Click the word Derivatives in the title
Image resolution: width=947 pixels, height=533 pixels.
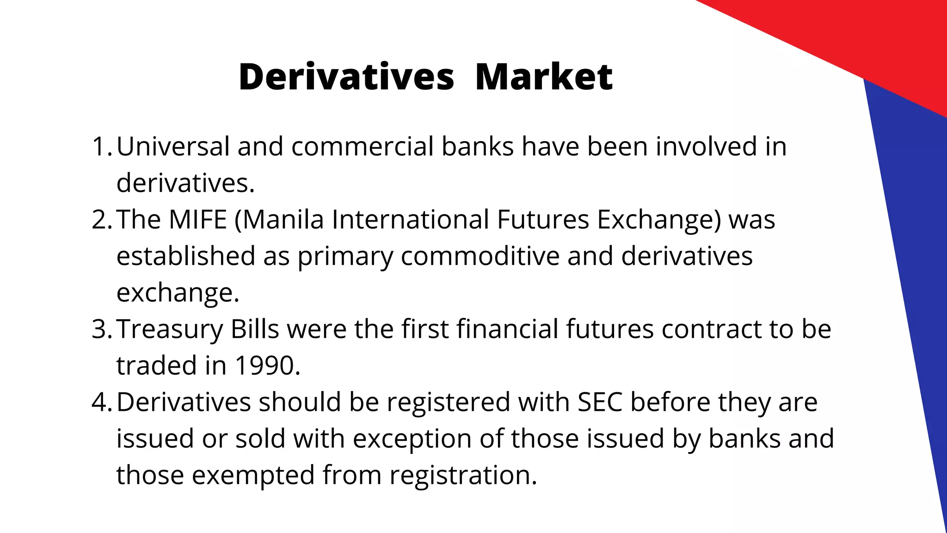click(346, 77)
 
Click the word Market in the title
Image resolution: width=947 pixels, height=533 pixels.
click(543, 77)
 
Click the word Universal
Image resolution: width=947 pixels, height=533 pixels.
click(173, 146)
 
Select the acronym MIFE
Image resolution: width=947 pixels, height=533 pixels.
click(198, 219)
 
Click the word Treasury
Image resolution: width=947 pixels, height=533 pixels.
click(170, 329)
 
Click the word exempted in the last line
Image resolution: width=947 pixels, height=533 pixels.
click(253, 475)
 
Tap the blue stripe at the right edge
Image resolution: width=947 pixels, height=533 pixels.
click(906, 278)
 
